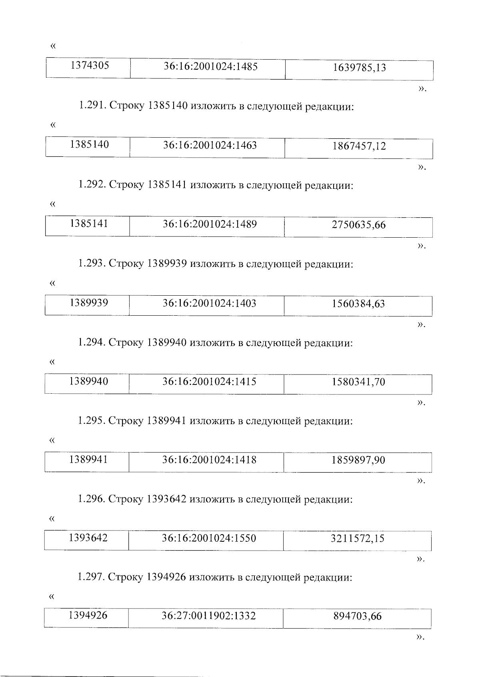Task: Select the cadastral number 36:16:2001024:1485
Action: [x=210, y=66]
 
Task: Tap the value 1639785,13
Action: [x=359, y=68]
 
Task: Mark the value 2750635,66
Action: [x=358, y=225]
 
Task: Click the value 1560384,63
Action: [x=358, y=304]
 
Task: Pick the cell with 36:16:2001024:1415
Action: [x=209, y=382]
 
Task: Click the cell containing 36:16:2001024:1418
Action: [x=209, y=460]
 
